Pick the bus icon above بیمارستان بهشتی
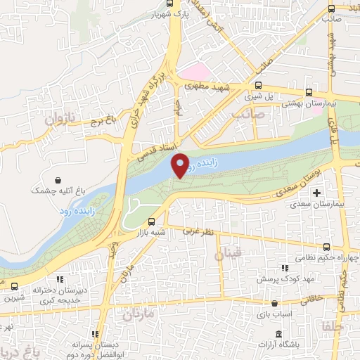[309, 93]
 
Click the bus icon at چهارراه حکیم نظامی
[328, 246]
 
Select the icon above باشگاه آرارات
[280, 333]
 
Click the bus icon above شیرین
[15, 286]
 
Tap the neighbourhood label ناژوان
[60, 120]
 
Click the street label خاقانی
[314, 300]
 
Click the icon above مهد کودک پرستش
[285, 268]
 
